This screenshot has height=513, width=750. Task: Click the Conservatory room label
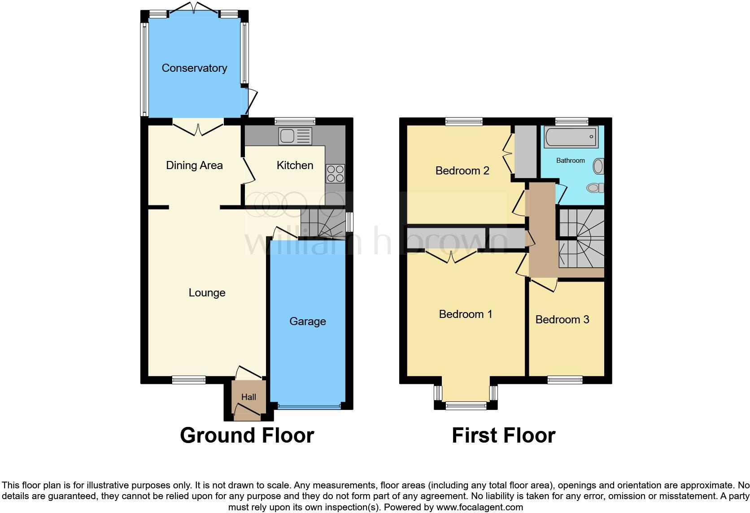(x=194, y=68)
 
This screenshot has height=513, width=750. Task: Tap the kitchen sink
(x=295, y=136)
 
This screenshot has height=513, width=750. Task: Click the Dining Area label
(x=194, y=165)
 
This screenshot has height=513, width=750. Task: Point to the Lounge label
(x=207, y=293)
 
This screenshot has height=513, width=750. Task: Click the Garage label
(x=308, y=322)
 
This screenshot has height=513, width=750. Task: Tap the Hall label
(x=249, y=397)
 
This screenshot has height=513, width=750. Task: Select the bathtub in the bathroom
(x=571, y=137)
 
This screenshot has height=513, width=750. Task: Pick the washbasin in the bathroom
(x=598, y=167)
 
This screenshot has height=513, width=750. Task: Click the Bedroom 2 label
(x=462, y=171)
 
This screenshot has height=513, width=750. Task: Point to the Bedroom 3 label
(x=562, y=320)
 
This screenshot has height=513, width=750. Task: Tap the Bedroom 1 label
(x=466, y=314)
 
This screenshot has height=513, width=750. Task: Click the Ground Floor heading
(x=247, y=435)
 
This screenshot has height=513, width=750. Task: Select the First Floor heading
(x=503, y=435)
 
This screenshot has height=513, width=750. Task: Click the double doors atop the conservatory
(x=194, y=8)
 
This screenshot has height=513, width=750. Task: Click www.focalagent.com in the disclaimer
(x=480, y=508)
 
